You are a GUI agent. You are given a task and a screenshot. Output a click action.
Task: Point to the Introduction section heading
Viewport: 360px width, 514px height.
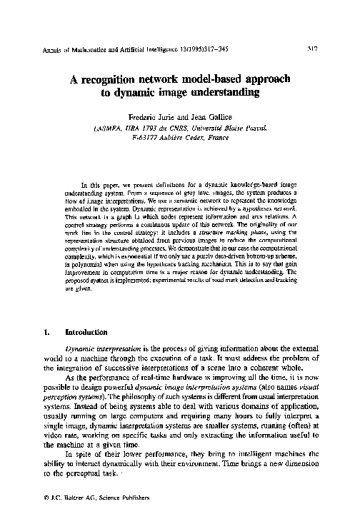pos(86,332)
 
